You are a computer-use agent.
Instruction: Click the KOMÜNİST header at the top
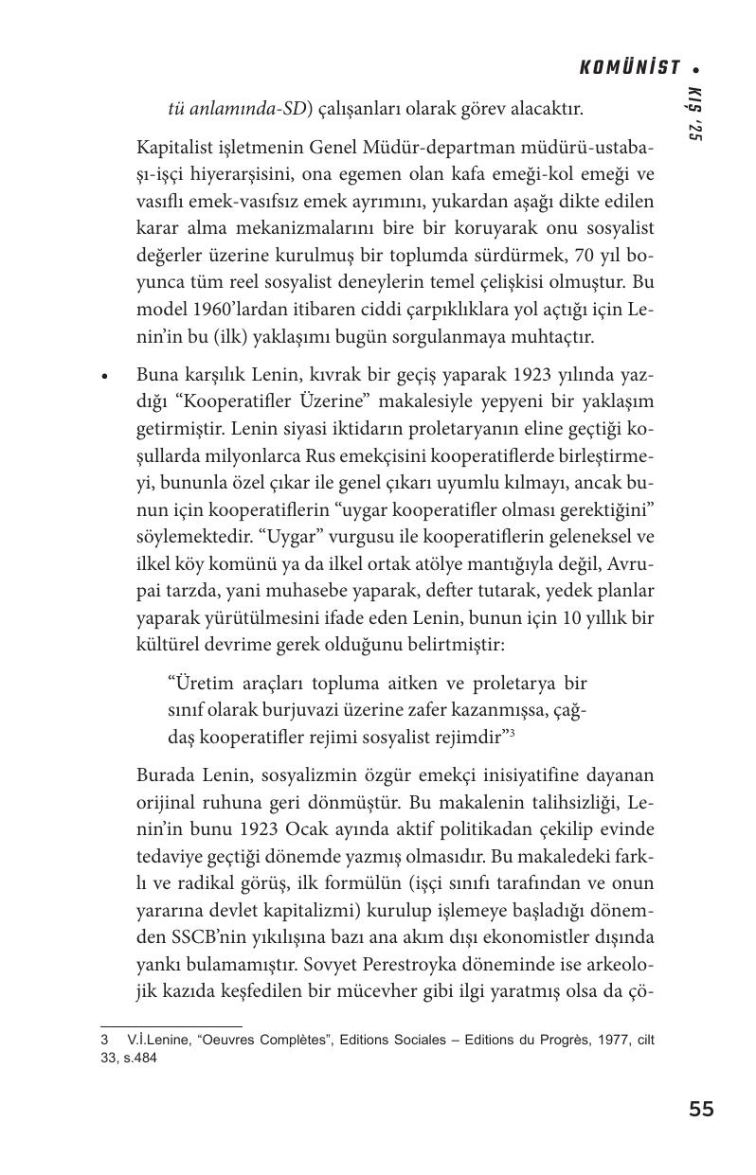click(x=629, y=67)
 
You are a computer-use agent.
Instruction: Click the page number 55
click(x=701, y=1110)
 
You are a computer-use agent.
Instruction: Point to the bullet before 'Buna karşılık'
click(x=106, y=376)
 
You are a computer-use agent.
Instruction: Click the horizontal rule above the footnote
click(x=171, y=1025)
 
